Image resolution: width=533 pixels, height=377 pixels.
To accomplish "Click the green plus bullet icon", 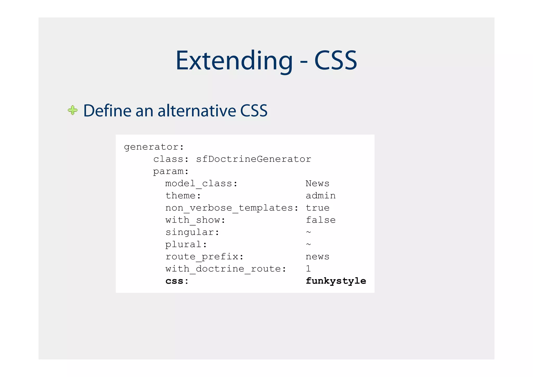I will coord(73,110).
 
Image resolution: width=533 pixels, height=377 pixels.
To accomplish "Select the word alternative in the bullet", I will coord(197,111).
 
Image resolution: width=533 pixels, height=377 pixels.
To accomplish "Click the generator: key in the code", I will coord(154,147).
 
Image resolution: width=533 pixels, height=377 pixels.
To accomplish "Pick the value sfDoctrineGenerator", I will coord(253,159).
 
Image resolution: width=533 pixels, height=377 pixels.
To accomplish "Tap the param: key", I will coord(171,172).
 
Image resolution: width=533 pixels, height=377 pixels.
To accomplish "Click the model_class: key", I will coord(201,184).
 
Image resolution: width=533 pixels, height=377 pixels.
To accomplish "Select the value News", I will coord(317,184).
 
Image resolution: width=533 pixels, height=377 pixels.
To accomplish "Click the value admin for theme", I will coord(320,196).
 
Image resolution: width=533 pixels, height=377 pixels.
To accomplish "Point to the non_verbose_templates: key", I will coord(232,208).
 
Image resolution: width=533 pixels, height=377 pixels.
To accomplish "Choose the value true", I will coord(317,208).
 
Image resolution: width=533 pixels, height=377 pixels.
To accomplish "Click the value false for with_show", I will coord(320,220).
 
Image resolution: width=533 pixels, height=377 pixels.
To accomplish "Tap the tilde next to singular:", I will coord(308,232).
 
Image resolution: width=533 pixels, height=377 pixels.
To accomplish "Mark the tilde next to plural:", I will coord(308,244).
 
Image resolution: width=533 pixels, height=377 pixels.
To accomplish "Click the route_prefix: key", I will coord(205,257).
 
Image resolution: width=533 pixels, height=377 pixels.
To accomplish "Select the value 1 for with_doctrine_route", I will coord(308,269).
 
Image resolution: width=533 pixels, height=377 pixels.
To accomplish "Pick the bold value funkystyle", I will coord(336,281).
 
